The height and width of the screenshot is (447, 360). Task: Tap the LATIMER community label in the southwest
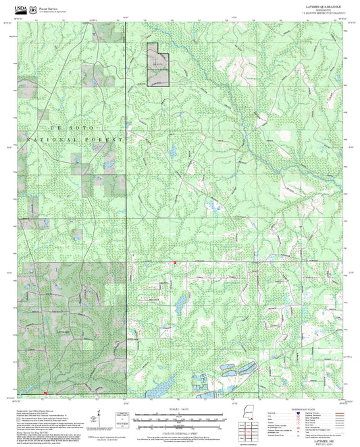(x=63, y=332)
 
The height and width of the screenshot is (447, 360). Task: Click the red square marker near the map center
(x=175, y=261)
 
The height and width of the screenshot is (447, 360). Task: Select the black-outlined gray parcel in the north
(x=157, y=65)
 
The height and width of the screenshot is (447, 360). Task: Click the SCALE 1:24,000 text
(x=179, y=410)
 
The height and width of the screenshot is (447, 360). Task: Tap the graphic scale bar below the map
(x=179, y=420)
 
